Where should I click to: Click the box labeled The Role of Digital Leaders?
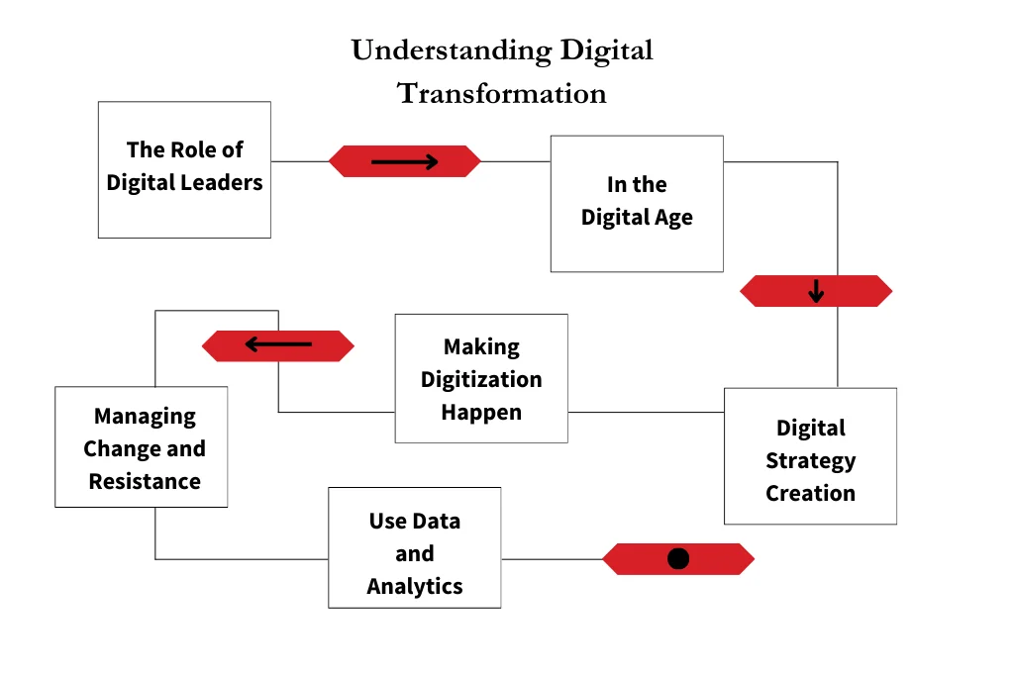coord(184,169)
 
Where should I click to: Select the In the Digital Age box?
coord(637,203)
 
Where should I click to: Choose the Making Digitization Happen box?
coord(481,378)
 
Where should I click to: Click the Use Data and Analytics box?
coord(414,547)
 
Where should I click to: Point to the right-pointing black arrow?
coord(404,161)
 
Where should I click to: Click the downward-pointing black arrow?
coord(816,291)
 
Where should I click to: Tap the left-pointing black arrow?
coord(278,344)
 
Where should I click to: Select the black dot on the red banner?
coord(678,559)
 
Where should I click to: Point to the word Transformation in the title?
coord(502,93)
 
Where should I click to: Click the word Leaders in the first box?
coord(228,183)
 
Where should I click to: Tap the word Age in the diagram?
coord(673,218)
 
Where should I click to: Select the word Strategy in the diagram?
coord(810,460)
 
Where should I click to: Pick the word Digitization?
coord(481,379)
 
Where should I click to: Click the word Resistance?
coord(145,481)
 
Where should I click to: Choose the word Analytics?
coord(414,586)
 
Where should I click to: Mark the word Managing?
coord(145,416)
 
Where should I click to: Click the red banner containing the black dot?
coord(634,559)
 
